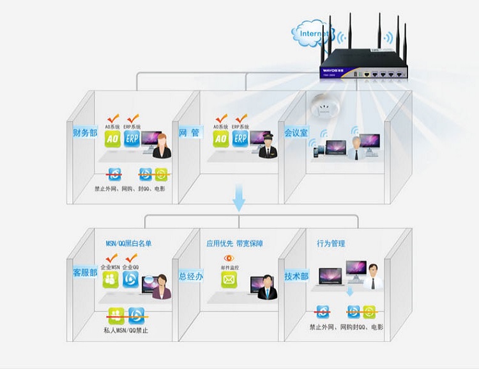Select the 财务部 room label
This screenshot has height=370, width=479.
point(85,133)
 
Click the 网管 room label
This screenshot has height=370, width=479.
point(189,133)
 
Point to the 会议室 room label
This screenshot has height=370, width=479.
point(296,133)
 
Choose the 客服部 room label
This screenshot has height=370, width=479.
point(85,272)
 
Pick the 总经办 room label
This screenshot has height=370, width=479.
point(191,275)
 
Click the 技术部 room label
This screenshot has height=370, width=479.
point(296,276)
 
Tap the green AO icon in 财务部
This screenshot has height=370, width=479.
point(113,139)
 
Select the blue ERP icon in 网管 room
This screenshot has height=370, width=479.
point(240,139)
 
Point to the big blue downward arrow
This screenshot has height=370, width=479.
point(239,198)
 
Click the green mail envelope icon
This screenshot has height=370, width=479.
point(229,279)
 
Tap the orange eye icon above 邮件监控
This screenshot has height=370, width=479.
point(228,259)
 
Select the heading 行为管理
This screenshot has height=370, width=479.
point(330,243)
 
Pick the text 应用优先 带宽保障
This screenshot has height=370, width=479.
point(234,243)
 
